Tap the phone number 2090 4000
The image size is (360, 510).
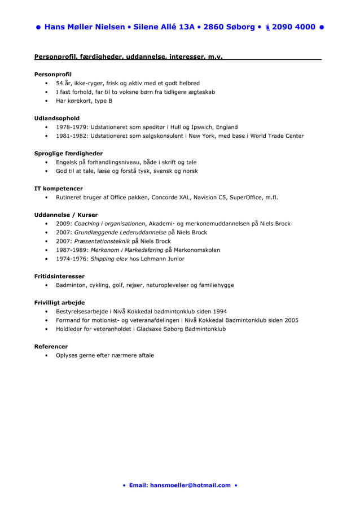click(x=293, y=27)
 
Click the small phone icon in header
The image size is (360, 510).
click(x=267, y=27)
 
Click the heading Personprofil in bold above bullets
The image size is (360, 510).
click(x=53, y=74)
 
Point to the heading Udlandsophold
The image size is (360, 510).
click(x=57, y=118)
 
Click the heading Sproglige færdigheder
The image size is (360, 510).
click(x=68, y=153)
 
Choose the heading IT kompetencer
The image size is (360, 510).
click(x=59, y=188)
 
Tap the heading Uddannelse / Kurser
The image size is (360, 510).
click(x=66, y=215)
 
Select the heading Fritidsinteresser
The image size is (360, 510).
click(x=59, y=276)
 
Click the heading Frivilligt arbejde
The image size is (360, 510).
click(x=59, y=302)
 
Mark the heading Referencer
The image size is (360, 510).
click(x=51, y=346)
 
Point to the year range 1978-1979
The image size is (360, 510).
click(x=71, y=127)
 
